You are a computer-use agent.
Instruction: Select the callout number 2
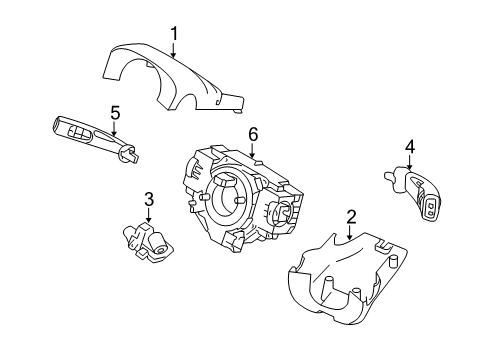coord(351,217)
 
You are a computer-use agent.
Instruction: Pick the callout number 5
coord(115,112)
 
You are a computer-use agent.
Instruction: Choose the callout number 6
coord(253,133)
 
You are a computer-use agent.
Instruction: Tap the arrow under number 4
coord(409,164)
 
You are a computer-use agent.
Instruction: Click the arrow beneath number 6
coord(253,150)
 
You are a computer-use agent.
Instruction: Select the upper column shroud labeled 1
coord(170,78)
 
